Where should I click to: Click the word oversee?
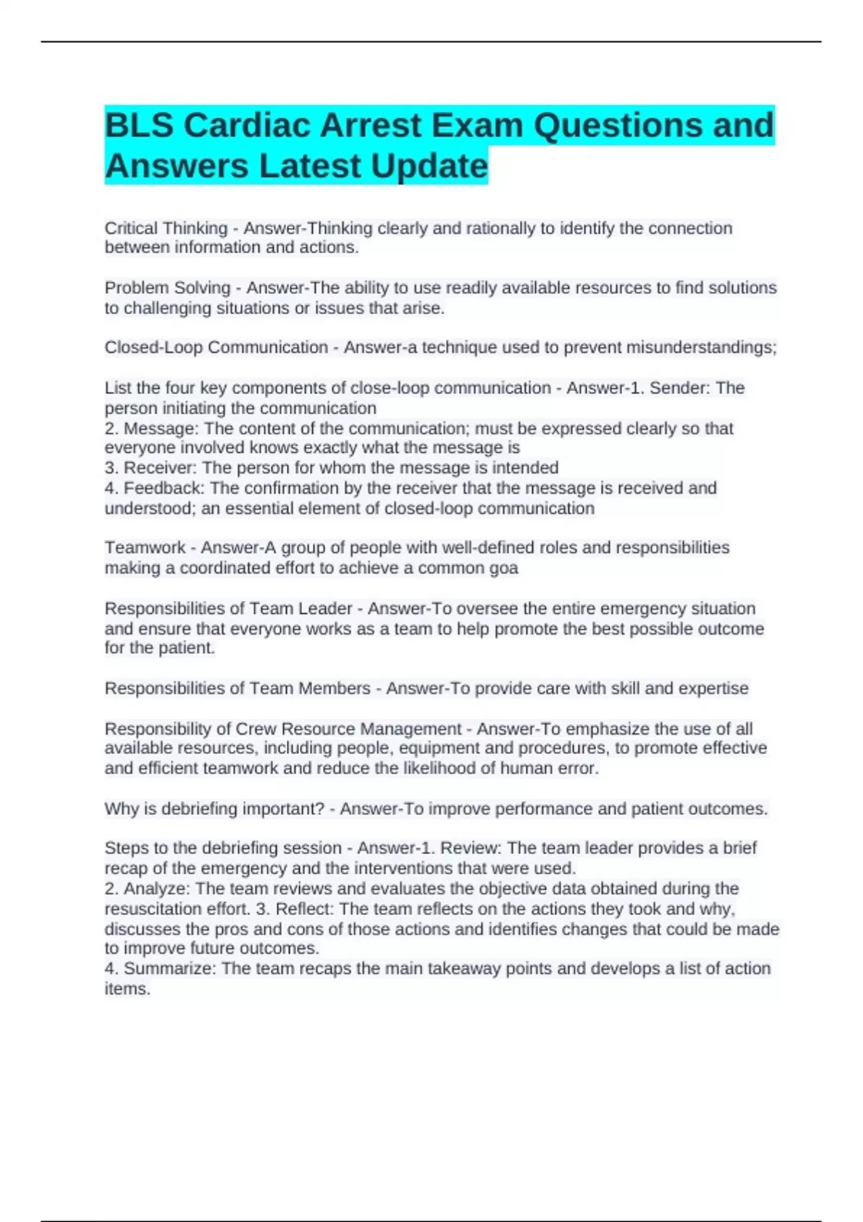tap(487, 608)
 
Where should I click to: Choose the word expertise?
tap(713, 689)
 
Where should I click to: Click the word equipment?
tap(433, 748)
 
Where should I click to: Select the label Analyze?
tap(157, 888)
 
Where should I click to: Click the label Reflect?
tap(305, 909)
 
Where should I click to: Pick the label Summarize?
tap(170, 968)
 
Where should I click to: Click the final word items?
tap(127, 989)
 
